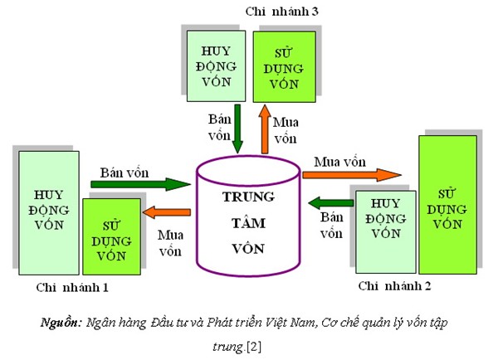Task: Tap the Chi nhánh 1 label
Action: [x=71, y=287]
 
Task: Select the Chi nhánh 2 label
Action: [x=394, y=286]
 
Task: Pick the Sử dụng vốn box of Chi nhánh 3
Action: [x=284, y=66]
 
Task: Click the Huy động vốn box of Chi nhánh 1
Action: [x=48, y=213]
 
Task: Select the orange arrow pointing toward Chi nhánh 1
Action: [x=167, y=214]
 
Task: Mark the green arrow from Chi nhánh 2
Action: [x=328, y=202]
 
